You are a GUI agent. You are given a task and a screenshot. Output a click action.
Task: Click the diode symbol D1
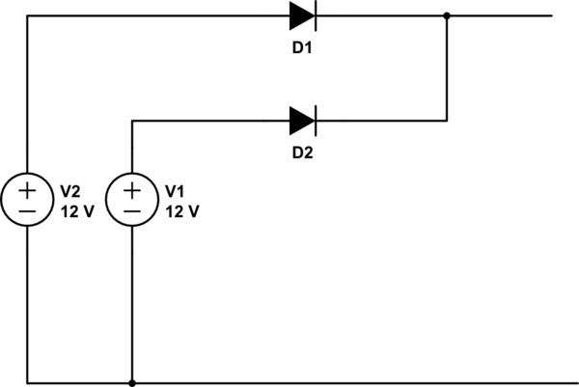303,15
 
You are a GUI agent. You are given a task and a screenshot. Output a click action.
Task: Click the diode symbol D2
303,121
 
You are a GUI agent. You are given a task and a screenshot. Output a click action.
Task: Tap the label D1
302,46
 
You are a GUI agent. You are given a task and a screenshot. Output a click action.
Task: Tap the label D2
302,152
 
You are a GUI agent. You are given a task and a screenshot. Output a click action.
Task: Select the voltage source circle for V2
27,200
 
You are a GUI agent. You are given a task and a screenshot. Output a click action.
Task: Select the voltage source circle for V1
132,200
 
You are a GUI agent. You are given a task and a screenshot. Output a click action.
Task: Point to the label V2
71,190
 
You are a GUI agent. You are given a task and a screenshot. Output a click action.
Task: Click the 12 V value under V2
77,211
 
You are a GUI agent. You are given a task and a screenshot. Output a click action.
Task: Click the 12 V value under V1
182,211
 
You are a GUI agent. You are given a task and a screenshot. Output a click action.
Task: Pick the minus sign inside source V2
27,210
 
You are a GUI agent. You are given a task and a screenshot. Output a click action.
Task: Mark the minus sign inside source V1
132,210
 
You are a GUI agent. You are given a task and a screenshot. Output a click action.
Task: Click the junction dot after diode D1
447,15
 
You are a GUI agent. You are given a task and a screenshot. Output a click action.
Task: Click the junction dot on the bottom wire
132,383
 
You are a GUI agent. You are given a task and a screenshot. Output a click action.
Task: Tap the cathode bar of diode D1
315,15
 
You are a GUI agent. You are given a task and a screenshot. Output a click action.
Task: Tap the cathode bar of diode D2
315,121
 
